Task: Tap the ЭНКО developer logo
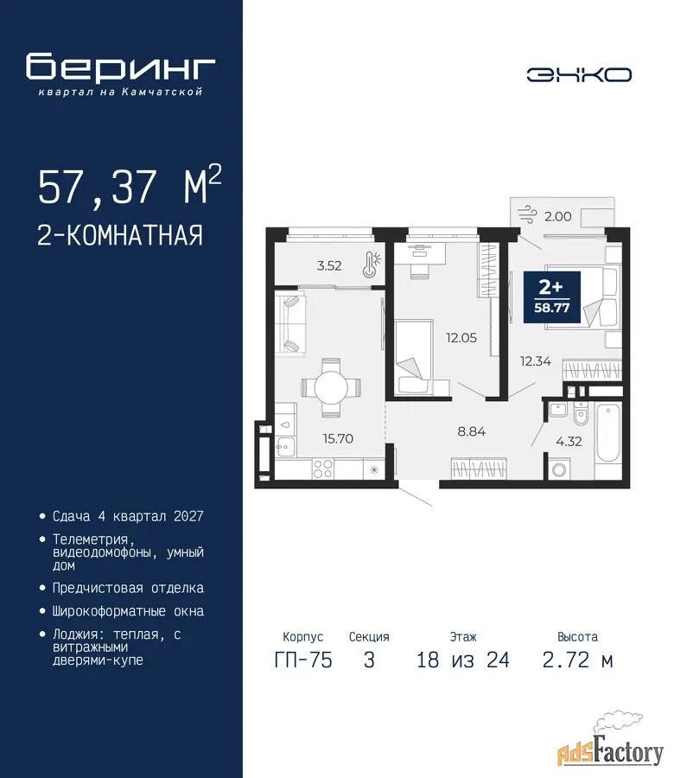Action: [579, 75]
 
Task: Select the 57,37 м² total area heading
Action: [130, 186]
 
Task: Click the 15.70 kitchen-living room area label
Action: [338, 438]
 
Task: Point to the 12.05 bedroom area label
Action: [461, 338]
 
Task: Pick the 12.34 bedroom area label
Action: [536, 361]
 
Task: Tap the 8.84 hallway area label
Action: [471, 431]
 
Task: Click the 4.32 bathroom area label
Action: [569, 441]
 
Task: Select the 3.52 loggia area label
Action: [329, 265]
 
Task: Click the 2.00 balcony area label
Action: [558, 216]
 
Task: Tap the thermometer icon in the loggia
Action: [372, 264]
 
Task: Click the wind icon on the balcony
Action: [527, 215]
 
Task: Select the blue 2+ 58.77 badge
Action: [552, 297]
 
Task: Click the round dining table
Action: [331, 387]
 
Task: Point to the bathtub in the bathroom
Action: [607, 433]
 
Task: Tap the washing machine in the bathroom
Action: [559, 469]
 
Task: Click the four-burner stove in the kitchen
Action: [323, 469]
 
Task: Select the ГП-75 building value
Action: [303, 660]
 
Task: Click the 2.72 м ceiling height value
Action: [578, 660]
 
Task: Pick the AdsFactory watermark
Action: [610, 745]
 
